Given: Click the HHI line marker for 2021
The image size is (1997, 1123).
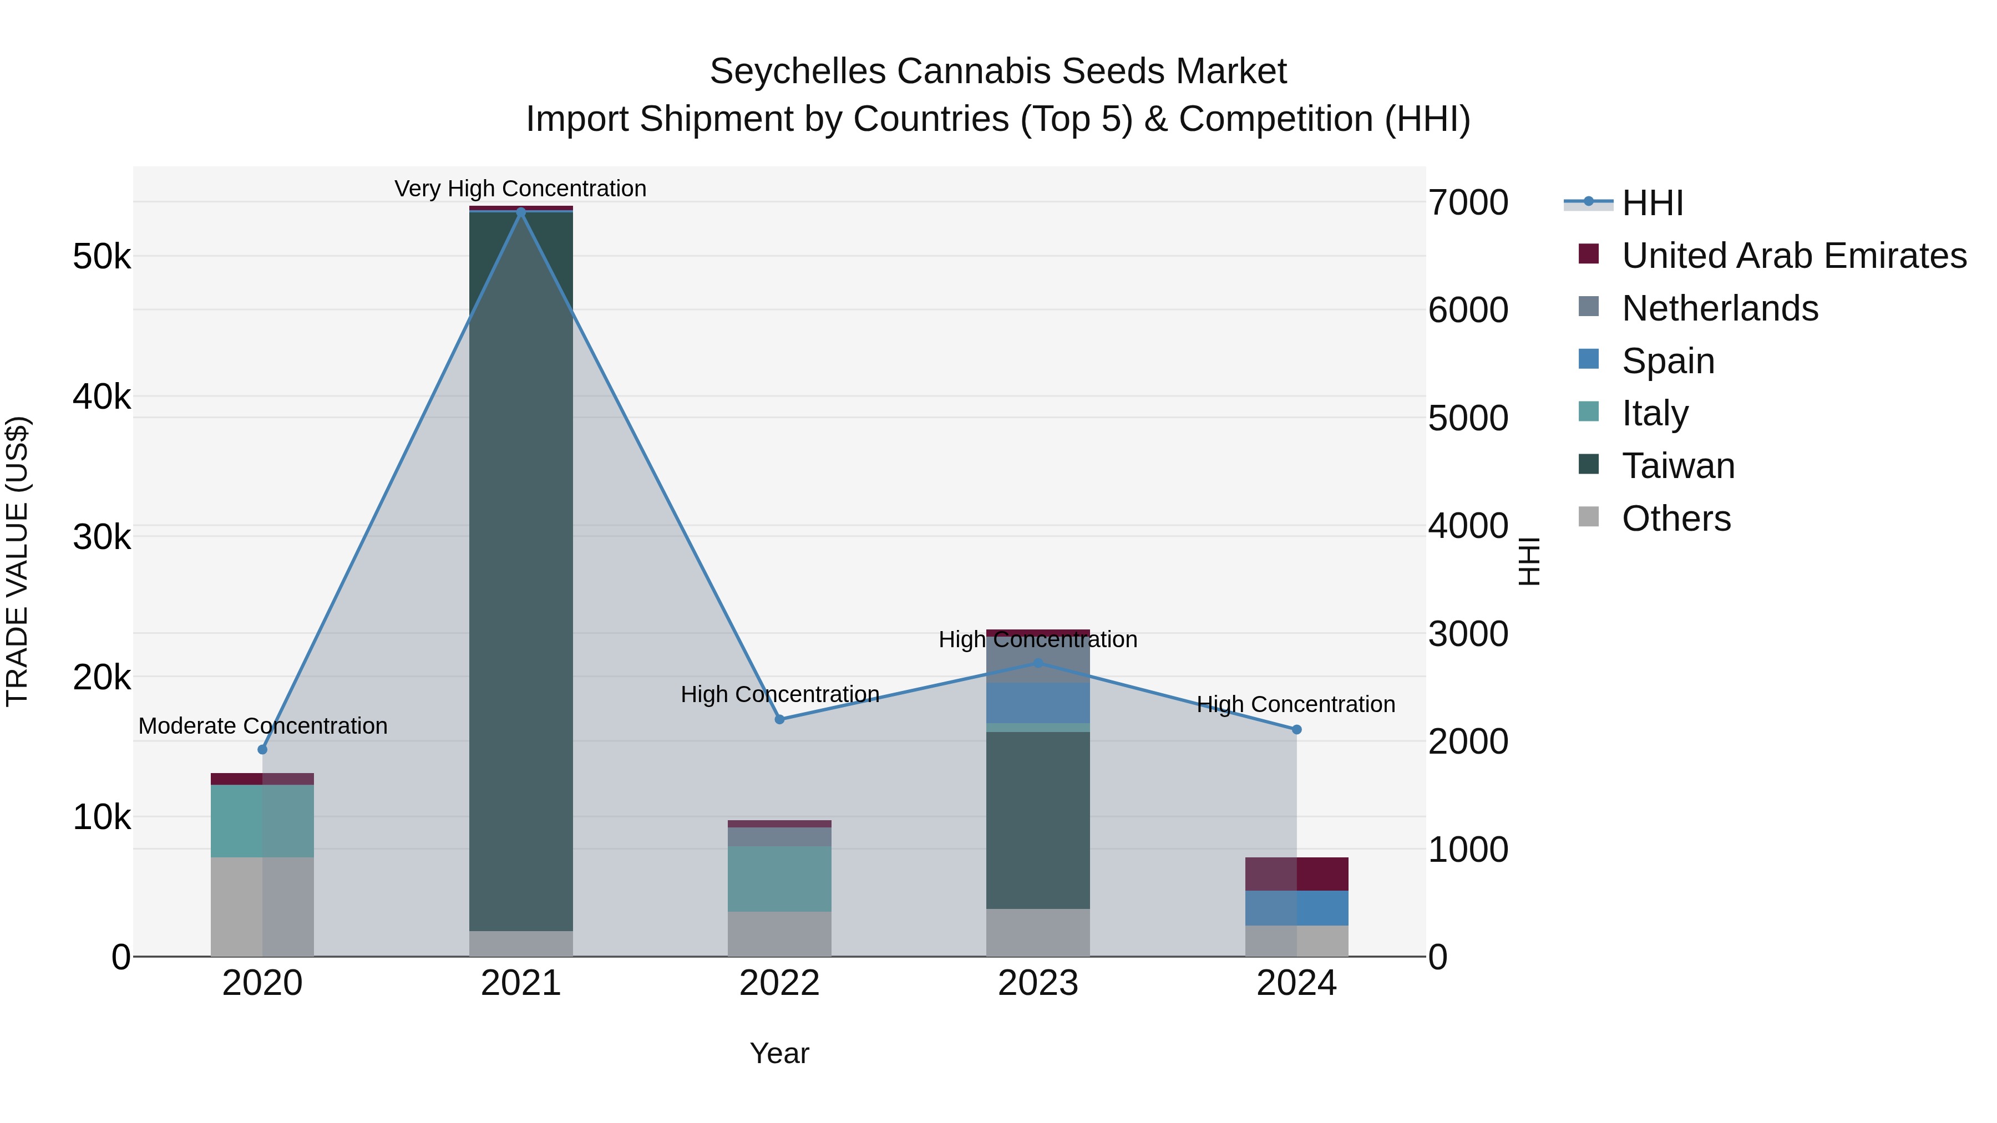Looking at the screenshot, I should coord(521,212).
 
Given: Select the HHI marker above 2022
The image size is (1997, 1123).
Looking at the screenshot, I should coord(780,719).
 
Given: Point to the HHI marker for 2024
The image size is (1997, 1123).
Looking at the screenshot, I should coord(1296,729).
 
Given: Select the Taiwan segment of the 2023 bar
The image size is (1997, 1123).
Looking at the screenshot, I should coord(1038,820).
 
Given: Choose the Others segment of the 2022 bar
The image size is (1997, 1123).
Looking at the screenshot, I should coord(780,934).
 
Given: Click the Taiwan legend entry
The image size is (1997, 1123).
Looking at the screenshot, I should coord(1677,466).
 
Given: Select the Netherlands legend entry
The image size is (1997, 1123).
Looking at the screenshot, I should coord(1720,308).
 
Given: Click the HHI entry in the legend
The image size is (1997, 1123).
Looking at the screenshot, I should coord(1651,203).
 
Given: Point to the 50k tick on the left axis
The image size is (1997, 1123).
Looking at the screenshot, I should coord(102,257).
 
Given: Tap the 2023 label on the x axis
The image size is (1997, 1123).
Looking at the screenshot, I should coord(1038,983).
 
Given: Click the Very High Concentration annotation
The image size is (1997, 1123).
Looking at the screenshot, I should coord(520,189).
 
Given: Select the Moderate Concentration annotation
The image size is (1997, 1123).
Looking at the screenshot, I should coord(263,726).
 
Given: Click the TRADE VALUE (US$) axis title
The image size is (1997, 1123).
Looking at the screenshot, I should coord(17,561).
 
